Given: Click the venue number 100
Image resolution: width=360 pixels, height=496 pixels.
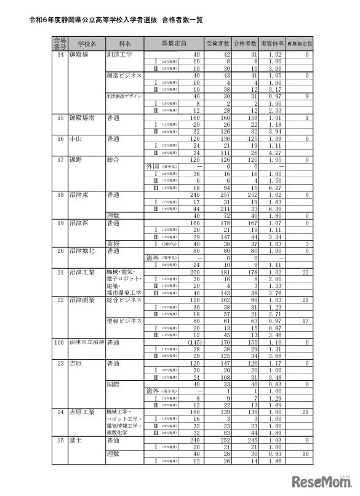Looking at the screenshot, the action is [x=60, y=340].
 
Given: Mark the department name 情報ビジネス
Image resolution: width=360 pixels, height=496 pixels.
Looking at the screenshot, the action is [x=124, y=321].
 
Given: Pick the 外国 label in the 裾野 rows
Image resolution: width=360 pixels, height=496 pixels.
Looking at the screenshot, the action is [x=152, y=166].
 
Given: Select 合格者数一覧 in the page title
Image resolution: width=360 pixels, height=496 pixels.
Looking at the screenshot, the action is [x=185, y=19].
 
